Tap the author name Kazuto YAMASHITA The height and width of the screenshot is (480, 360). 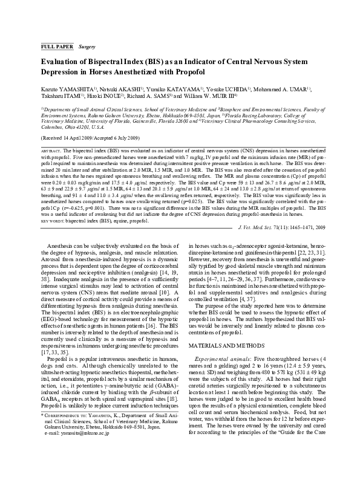pos(61,89)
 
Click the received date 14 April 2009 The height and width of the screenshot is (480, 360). pos(82,138)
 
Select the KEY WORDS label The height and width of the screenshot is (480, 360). pos(53,221)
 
